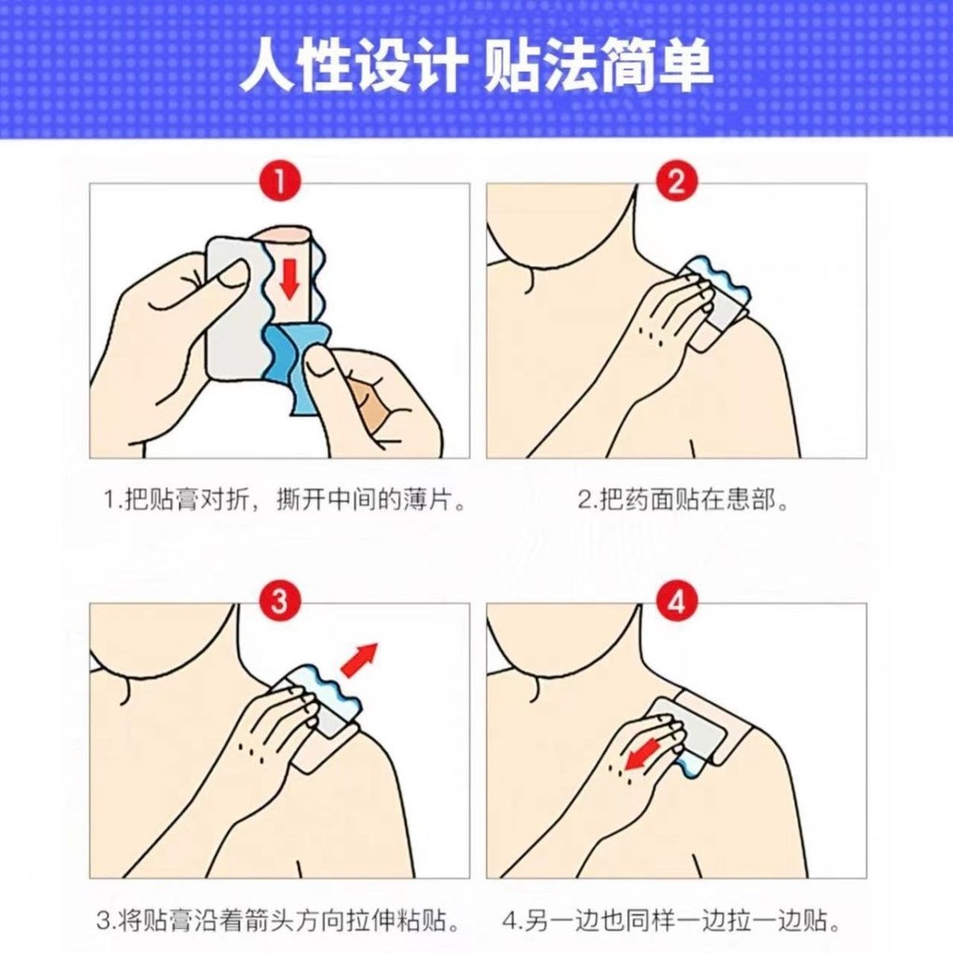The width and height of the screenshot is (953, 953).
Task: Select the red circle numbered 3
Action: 278,602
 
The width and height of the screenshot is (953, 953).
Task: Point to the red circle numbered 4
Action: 676,602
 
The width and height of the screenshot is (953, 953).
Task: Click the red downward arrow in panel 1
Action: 289,276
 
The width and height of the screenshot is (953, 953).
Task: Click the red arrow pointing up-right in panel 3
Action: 358,659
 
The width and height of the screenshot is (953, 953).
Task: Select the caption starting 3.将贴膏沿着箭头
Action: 279,922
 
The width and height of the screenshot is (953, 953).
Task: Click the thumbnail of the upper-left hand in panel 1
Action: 232,275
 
